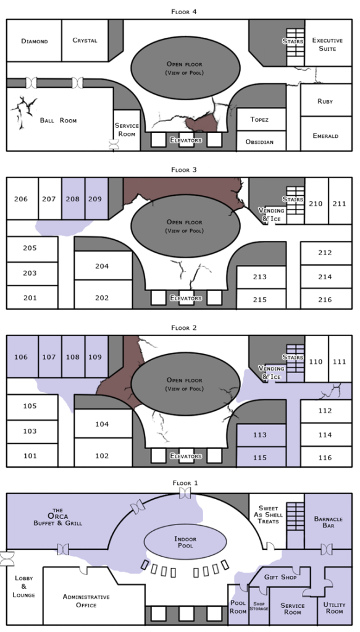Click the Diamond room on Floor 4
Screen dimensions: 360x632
[x=34, y=40]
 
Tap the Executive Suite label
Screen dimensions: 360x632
[x=327, y=44]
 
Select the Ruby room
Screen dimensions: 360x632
[x=326, y=100]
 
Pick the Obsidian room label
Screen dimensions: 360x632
[x=259, y=142]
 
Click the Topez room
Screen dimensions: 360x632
[x=261, y=119]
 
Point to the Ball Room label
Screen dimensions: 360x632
[x=59, y=120]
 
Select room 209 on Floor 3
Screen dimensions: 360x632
[x=96, y=199]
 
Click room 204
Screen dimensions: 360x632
[x=103, y=266]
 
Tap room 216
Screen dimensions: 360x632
[x=326, y=299]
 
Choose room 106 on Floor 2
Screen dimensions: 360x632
[x=22, y=356]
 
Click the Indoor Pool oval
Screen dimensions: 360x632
[x=185, y=542]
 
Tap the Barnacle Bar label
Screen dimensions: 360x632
[x=328, y=522]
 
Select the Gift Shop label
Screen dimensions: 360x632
[x=280, y=577]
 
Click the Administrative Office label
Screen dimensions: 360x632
[x=86, y=600]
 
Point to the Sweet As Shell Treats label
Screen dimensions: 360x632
[x=268, y=515]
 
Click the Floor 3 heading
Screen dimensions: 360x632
[x=184, y=170]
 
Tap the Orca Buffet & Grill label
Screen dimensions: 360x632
[x=57, y=516]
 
